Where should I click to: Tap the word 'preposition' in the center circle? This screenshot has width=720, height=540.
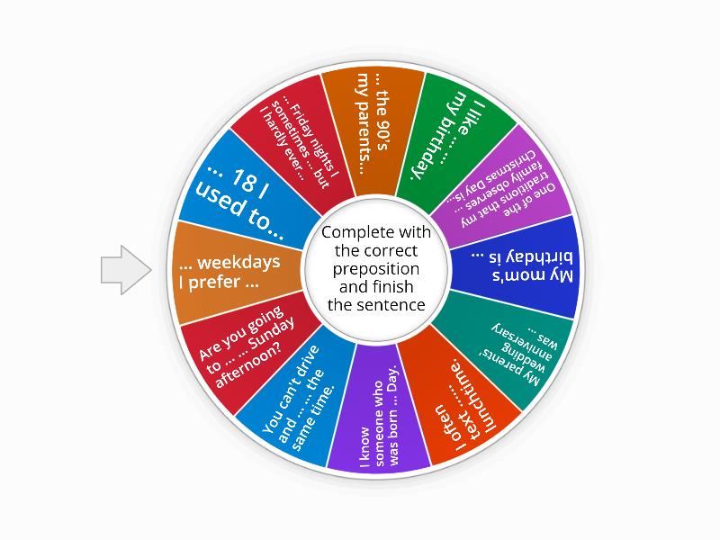[376, 269]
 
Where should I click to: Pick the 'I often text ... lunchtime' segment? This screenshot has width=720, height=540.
[464, 396]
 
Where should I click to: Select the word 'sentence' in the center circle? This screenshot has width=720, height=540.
[391, 305]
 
